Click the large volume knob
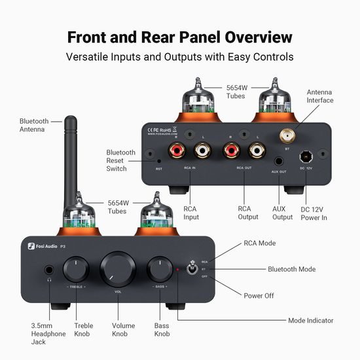(x=118, y=269)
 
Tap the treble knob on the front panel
(x=77, y=268)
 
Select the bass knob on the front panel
(x=159, y=269)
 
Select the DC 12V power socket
(x=305, y=157)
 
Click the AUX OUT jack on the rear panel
(x=279, y=160)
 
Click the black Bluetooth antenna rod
(x=69, y=164)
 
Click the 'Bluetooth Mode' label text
(x=291, y=269)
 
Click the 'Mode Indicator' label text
(x=311, y=321)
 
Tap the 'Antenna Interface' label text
(x=320, y=96)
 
